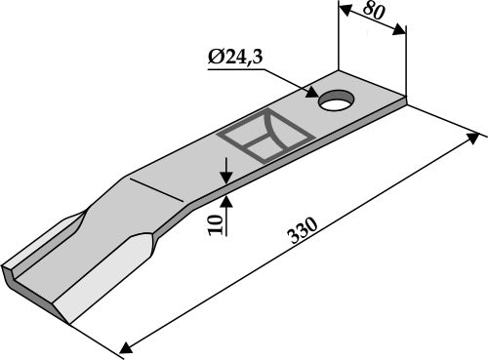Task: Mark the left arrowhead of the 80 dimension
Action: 343,10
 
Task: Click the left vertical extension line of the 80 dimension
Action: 339,39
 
